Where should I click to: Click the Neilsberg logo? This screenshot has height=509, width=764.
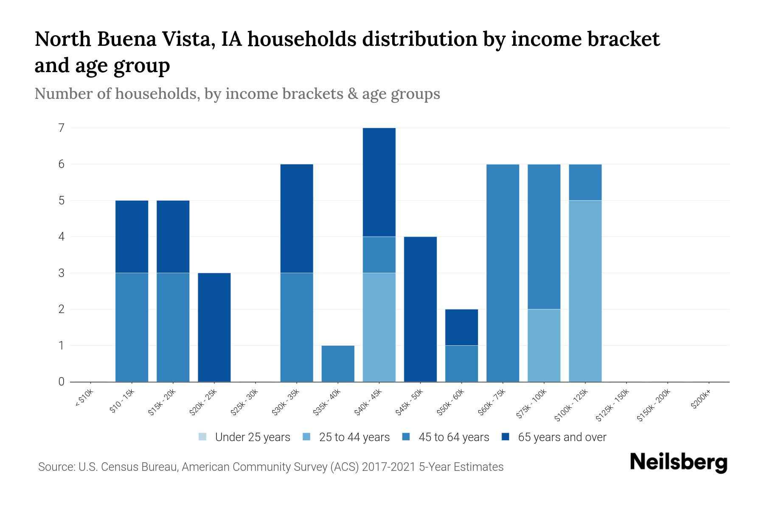click(x=678, y=462)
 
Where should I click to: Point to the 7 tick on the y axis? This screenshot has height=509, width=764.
click(x=62, y=128)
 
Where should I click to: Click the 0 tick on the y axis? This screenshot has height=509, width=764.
click(x=62, y=382)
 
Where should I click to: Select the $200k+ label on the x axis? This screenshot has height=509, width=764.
click(x=700, y=401)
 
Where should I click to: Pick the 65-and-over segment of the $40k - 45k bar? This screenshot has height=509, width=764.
click(x=379, y=182)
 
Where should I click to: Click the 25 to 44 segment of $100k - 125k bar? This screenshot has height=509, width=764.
click(x=585, y=291)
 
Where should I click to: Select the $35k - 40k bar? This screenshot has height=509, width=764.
click(x=338, y=364)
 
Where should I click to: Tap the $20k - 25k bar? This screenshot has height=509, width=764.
click(x=214, y=327)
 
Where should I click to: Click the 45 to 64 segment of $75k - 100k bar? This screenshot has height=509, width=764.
click(x=544, y=237)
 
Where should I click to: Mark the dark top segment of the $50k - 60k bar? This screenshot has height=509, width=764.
click(x=461, y=327)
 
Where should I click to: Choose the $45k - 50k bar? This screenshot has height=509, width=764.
click(x=420, y=309)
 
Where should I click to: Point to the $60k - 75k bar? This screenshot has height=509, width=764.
click(x=503, y=273)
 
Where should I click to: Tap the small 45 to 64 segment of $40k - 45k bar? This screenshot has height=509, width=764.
click(x=379, y=255)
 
